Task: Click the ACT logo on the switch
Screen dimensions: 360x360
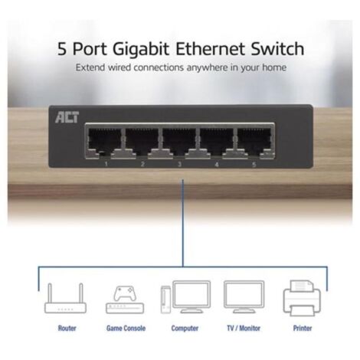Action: coord(67,117)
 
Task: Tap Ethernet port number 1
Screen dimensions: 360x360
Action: coord(104,142)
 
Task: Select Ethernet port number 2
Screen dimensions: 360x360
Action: coord(142,142)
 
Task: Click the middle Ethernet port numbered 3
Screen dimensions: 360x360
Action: coord(179,142)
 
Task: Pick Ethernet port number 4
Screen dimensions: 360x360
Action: coord(216,142)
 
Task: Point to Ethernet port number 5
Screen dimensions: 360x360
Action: coord(254,142)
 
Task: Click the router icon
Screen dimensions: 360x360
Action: coord(65,298)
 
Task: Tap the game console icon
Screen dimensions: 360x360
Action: coord(125,299)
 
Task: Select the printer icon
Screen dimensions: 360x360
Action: coord(302,298)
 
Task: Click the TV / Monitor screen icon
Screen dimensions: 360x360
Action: coord(244,297)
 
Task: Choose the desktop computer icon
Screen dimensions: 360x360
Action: coord(185,297)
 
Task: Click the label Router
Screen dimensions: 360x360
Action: coord(67,328)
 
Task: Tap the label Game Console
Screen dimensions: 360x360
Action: coord(126,328)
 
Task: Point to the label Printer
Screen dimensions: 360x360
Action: coord(303,328)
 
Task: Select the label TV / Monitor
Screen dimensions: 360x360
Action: coord(244,328)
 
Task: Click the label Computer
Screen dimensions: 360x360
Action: coord(185,328)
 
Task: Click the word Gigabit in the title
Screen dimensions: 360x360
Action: coord(141,49)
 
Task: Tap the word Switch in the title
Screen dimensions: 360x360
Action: coord(277,48)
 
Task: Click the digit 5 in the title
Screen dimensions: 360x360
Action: coord(62,49)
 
